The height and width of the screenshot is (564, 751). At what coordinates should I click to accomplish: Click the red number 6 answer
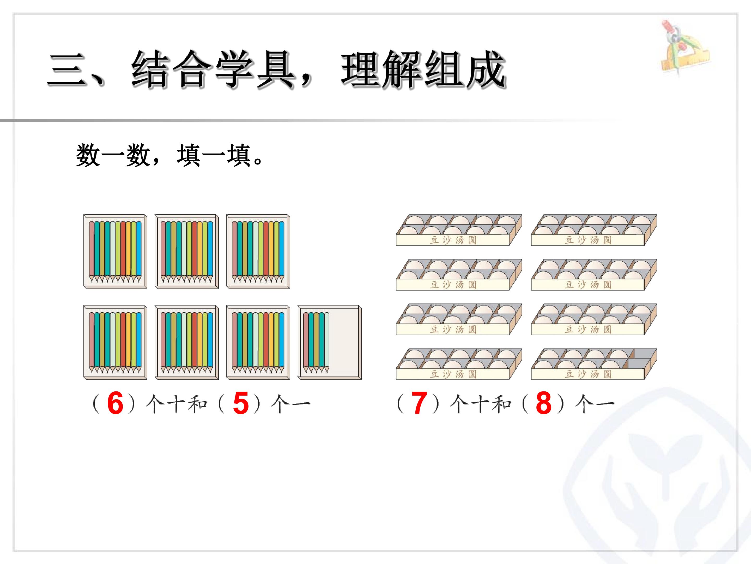(x=115, y=403)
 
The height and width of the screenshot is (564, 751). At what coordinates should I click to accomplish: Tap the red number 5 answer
(x=241, y=403)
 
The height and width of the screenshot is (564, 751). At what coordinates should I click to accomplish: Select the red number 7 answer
(x=419, y=403)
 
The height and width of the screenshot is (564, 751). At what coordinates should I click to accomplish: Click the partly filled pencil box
(x=329, y=342)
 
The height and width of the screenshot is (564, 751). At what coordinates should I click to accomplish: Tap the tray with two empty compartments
(x=594, y=364)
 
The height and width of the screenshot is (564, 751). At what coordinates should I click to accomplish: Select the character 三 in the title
(x=66, y=70)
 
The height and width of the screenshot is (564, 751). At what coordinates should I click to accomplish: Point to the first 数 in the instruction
(x=88, y=155)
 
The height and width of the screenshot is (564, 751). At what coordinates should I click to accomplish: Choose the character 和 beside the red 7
(x=502, y=404)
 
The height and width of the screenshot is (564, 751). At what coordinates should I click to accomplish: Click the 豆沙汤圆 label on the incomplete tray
(x=588, y=374)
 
